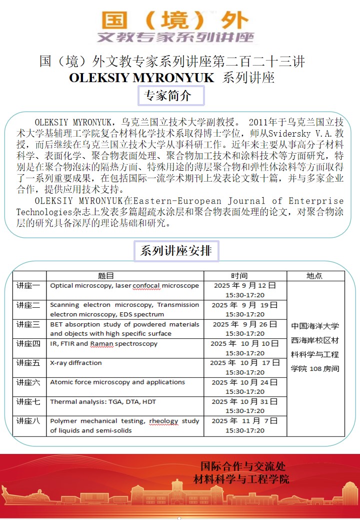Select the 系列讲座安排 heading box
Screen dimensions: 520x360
[x=176, y=251]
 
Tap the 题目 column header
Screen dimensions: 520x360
[x=106, y=276]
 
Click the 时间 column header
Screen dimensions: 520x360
[x=239, y=276]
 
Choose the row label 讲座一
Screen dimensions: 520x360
[x=28, y=286]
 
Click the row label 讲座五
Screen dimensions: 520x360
[x=28, y=363]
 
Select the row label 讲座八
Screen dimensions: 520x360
[x=28, y=421]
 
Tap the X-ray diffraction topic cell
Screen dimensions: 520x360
[x=76, y=363]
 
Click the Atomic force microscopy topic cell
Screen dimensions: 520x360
[x=117, y=382]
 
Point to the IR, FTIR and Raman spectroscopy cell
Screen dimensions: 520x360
[x=103, y=344]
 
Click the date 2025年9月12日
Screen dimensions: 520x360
[x=244, y=286]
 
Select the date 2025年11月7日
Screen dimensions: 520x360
[x=244, y=421]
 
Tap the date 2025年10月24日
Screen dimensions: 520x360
[x=244, y=382]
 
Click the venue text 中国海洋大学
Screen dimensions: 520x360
[x=315, y=326]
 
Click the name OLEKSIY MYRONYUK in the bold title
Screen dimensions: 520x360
[x=141, y=78]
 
